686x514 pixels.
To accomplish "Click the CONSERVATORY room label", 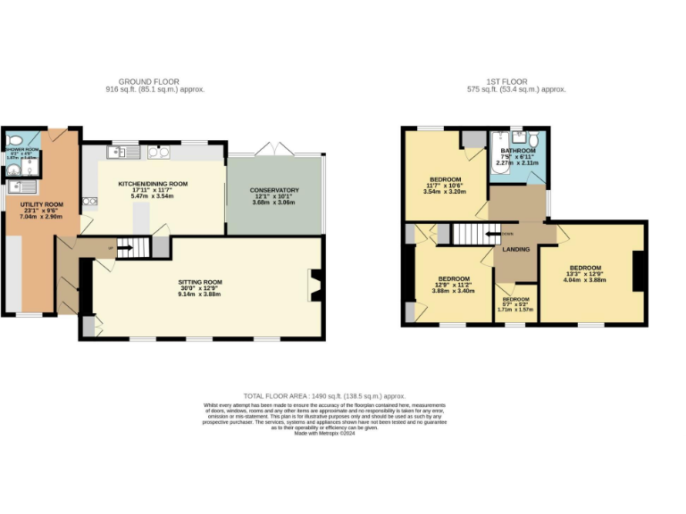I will pyautogui.click(x=275, y=190).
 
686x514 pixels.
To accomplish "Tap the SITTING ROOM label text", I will pyautogui.click(x=200, y=282).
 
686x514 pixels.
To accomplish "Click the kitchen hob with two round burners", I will pyautogui.click(x=159, y=153).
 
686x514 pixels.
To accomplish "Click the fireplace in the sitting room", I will pyautogui.click(x=314, y=286).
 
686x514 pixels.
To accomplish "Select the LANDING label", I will pyautogui.click(x=516, y=249).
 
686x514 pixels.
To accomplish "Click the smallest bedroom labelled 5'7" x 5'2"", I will pyautogui.click(x=515, y=304).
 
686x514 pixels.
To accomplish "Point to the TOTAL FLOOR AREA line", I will pyautogui.click(x=324, y=395).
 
